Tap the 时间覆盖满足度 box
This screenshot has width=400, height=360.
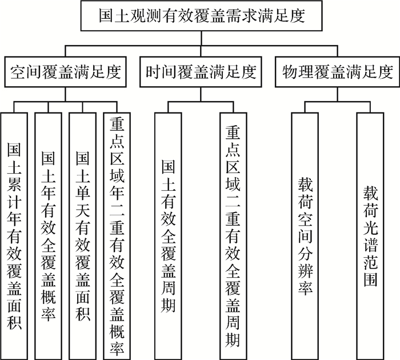click(x=199, y=72)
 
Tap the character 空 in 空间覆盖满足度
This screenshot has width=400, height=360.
click(x=18, y=73)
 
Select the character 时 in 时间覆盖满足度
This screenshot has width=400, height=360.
click(x=153, y=73)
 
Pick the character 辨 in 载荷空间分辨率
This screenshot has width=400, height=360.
click(x=305, y=267)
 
